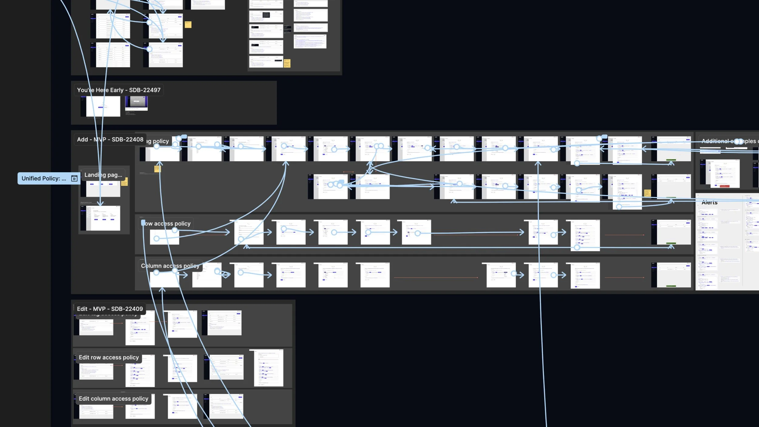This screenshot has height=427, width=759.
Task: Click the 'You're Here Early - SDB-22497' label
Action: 118,90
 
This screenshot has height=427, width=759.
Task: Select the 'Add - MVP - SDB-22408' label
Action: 110,139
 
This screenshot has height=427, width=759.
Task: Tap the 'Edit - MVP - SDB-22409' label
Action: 110,309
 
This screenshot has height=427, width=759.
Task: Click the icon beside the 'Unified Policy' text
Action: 74,179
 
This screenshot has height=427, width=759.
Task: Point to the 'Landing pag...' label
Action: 103,175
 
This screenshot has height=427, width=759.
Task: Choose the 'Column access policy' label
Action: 170,266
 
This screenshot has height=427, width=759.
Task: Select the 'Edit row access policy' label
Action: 109,357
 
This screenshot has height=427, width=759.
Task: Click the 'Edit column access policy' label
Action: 114,399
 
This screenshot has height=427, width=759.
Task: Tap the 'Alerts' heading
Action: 709,203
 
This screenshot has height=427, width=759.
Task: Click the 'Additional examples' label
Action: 729,141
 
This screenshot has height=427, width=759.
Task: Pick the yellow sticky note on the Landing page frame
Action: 124,182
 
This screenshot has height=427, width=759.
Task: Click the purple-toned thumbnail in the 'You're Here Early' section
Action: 136,103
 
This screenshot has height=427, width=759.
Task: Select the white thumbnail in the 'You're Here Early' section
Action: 103,106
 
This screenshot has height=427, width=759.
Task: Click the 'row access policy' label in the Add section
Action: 167,224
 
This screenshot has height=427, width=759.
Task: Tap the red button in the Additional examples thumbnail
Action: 724,186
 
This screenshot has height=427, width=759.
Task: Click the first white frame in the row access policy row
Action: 164,237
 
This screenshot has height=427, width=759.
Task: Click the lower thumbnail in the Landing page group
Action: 103,218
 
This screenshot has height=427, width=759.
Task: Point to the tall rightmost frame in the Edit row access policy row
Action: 268,368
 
